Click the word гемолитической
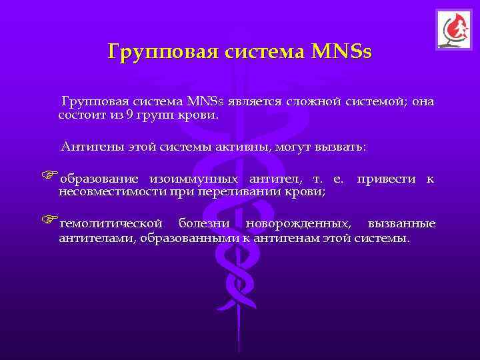(x=110, y=223)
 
